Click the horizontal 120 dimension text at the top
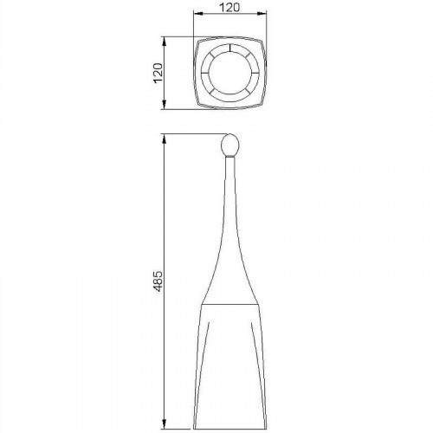[229, 7]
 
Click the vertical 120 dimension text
[158, 73]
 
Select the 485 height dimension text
[158, 281]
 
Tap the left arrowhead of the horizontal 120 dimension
[197, 13]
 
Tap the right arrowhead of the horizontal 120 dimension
[262, 13]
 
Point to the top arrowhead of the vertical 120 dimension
[165, 42]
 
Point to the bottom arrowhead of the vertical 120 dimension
[165, 105]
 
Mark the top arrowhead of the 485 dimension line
[165, 139]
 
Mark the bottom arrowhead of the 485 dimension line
[165, 424]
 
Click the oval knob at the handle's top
[230, 145]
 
